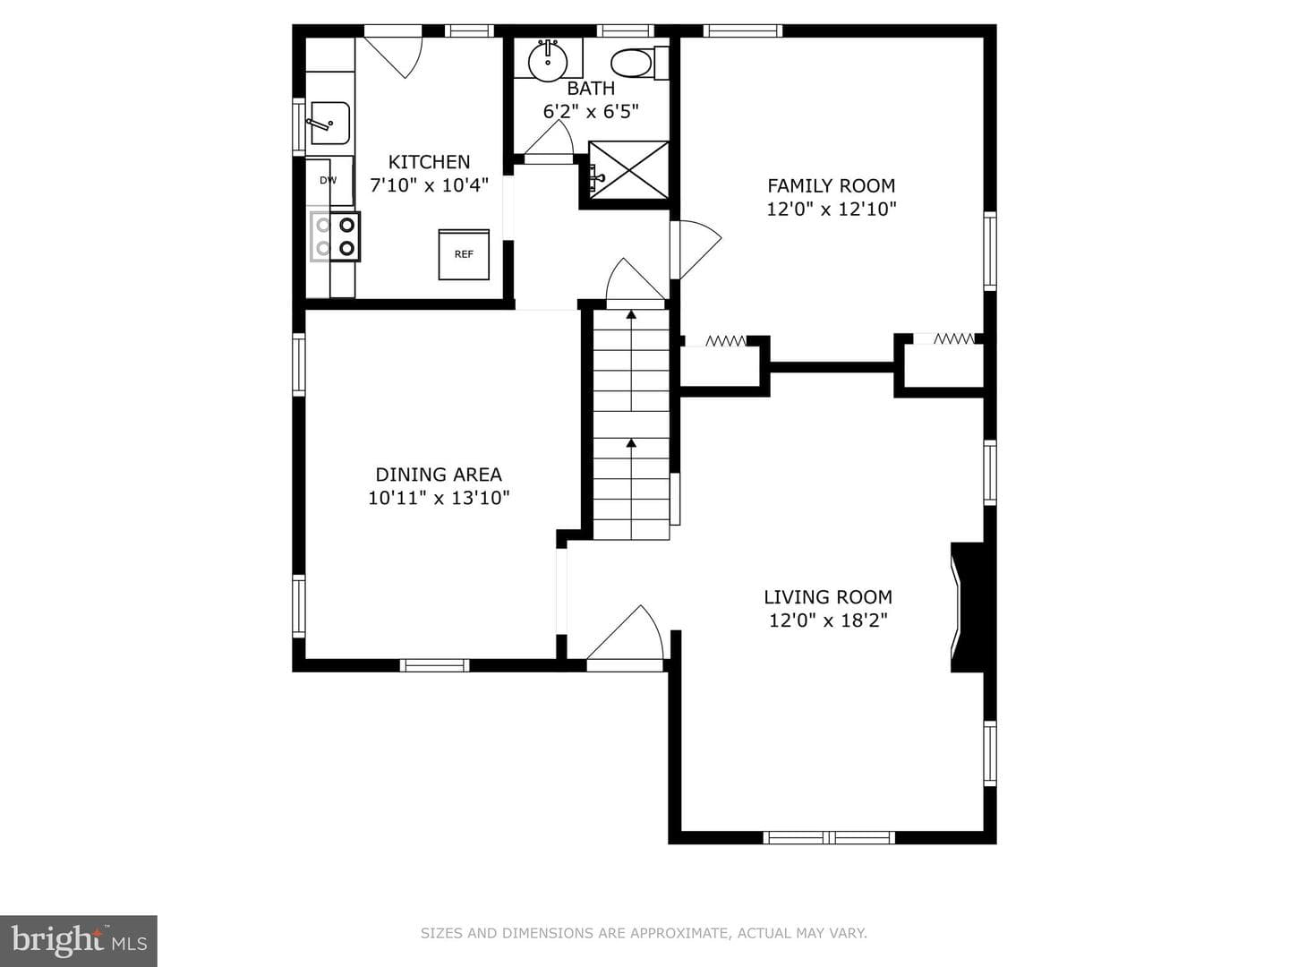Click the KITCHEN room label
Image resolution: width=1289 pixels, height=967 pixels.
pos(430,161)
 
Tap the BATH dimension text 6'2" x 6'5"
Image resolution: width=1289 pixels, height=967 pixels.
pos(591,111)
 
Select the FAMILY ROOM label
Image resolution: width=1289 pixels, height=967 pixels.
pos(831,185)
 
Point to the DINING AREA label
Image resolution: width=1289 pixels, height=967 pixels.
pos(439,474)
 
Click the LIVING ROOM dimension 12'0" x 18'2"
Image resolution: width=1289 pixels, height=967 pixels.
pos(828,620)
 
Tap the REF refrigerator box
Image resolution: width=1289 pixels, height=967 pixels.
pos(464,254)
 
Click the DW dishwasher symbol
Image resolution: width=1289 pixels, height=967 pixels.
pos(329,181)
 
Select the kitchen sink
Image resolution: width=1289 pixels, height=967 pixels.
pos(329,124)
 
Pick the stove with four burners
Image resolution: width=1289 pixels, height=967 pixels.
pos(335,236)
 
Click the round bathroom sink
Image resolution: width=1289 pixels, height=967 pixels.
pos(548,60)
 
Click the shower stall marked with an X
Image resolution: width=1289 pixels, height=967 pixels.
pos(628,170)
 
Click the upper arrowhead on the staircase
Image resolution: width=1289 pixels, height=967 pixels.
pos(631,314)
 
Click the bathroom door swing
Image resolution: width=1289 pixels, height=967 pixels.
pos(549,142)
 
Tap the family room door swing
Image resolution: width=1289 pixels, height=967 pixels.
pos(696,250)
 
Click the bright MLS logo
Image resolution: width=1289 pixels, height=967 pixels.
pos(79,941)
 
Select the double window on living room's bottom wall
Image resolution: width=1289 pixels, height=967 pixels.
pos(829,837)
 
